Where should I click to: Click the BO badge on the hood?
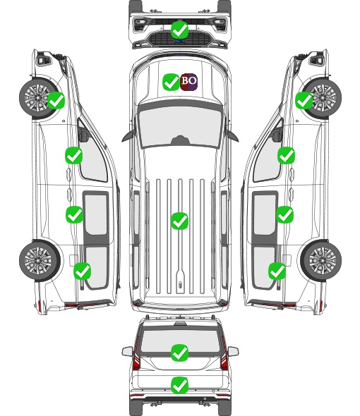pyautogui.click(x=188, y=82)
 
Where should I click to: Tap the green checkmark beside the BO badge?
pyautogui.click(x=171, y=82)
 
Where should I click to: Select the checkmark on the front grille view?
pyautogui.click(x=180, y=30)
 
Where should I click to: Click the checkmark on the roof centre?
pyautogui.click(x=180, y=221)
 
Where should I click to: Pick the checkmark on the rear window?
pyautogui.click(x=180, y=353)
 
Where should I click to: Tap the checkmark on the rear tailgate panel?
pyautogui.click(x=180, y=385)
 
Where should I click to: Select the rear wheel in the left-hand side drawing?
pyautogui.click(x=39, y=261)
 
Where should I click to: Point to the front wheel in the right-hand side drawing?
pyautogui.click(x=323, y=98)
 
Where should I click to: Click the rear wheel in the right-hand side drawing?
pyautogui.click(x=321, y=261)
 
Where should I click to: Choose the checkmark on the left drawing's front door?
pyautogui.click(x=74, y=155)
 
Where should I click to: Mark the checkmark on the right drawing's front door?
pyautogui.click(x=286, y=155)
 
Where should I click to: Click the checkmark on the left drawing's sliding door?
pyautogui.click(x=74, y=214)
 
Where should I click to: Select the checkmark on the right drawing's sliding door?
pyautogui.click(x=284, y=214)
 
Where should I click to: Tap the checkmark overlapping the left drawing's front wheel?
pyautogui.click(x=56, y=100)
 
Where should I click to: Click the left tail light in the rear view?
pyautogui.click(x=136, y=354)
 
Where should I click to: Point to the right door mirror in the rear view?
pyautogui.click(x=233, y=351)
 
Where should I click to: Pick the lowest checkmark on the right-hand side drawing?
pyautogui.click(x=277, y=271)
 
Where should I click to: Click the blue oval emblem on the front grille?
pyautogui.click(x=180, y=41)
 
